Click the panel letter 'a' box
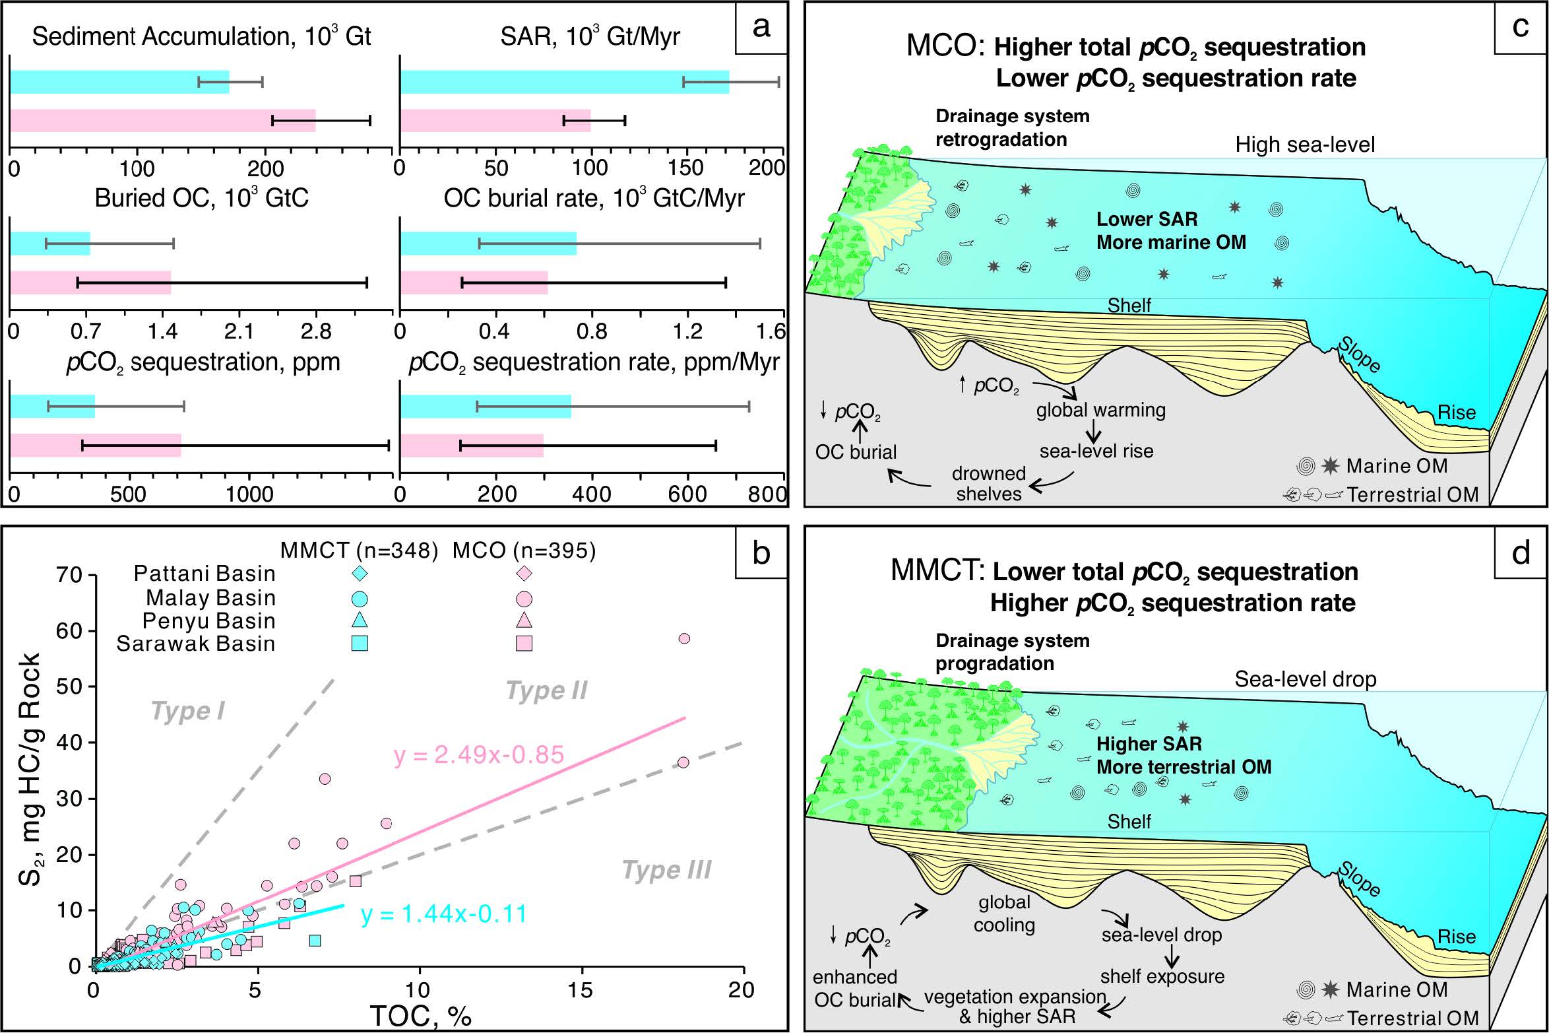[761, 28]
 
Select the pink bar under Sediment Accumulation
[162, 121]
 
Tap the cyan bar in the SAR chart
[564, 82]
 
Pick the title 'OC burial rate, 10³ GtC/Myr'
[594, 198]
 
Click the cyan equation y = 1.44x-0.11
[444, 915]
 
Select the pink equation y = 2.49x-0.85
[479, 754]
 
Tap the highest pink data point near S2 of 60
[684, 638]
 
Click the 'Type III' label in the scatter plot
[666, 871]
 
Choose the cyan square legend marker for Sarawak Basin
[360, 644]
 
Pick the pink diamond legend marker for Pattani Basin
[524, 573]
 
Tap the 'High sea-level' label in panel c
[1305, 145]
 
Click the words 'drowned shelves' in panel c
[988, 483]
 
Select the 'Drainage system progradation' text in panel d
[1012, 651]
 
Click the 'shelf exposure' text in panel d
[1162, 976]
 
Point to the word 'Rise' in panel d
[1456, 937]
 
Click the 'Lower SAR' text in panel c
[1147, 219]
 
